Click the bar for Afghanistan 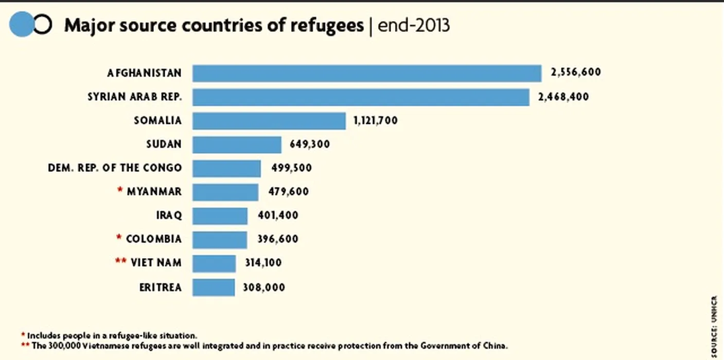367,73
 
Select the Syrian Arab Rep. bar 361,97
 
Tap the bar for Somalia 269,121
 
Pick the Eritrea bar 214,287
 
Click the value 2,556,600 575,73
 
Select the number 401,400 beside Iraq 277,215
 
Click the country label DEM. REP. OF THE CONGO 115,168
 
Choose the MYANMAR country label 154,192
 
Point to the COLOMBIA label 154,239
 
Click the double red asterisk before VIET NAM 121,262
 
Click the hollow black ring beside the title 43,25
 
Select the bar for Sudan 237,145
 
